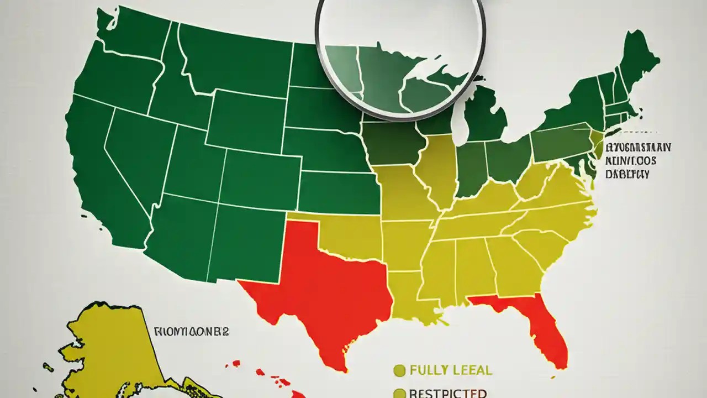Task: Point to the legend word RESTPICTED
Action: [448, 393]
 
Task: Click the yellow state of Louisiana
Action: [409, 293]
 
